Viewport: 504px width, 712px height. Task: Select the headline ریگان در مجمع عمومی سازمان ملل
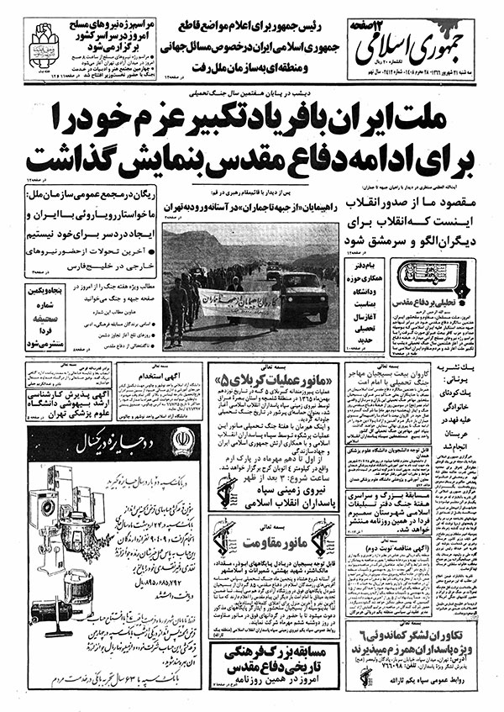(x=79, y=197)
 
